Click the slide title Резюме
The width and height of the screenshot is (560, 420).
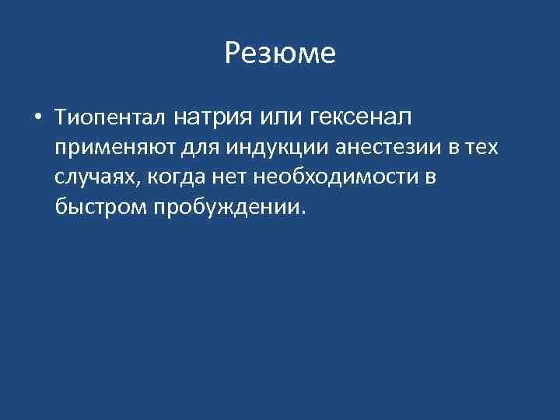pyautogui.click(x=280, y=54)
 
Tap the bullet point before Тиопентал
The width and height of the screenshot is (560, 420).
pyautogui.click(x=37, y=119)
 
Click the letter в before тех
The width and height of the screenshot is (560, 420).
pyautogui.click(x=453, y=149)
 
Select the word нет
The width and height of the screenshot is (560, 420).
pyautogui.click(x=228, y=178)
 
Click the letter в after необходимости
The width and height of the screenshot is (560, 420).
pyautogui.click(x=430, y=178)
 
